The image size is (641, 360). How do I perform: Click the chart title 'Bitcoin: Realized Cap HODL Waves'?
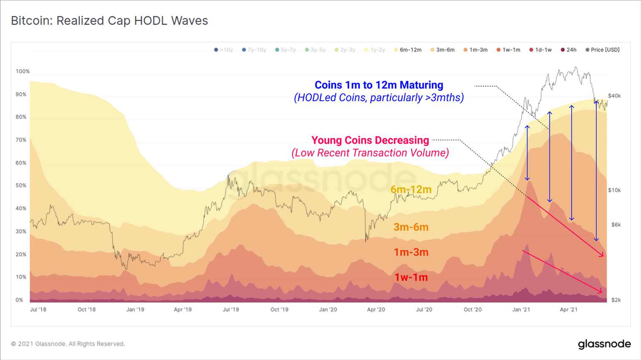click(109, 21)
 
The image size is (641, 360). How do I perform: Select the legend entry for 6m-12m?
click(408, 50)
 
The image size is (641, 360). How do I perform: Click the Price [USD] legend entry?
click(602, 50)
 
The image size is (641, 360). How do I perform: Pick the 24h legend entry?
click(568, 50)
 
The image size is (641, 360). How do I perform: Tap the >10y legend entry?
click(223, 50)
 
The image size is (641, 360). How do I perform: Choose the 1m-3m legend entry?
click(475, 50)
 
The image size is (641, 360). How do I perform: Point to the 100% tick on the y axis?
click(23, 71)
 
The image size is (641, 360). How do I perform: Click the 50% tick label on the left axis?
click(21, 185)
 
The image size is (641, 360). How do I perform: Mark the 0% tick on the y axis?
click(19, 300)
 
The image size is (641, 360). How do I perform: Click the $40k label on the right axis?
click(614, 96)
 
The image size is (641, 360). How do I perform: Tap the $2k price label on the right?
click(616, 300)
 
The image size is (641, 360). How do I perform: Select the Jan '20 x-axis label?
click(328, 309)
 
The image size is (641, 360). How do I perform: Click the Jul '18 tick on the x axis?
click(38, 309)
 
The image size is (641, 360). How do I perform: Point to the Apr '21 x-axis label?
click(568, 309)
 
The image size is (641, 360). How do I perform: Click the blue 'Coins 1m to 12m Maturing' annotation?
click(379, 85)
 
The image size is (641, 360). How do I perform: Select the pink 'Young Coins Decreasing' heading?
click(370, 140)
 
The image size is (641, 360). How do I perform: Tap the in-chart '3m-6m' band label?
click(411, 227)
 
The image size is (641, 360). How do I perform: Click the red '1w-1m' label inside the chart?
click(411, 277)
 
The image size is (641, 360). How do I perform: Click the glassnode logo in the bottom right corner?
click(604, 344)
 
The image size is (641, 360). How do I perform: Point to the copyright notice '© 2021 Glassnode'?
click(68, 344)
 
